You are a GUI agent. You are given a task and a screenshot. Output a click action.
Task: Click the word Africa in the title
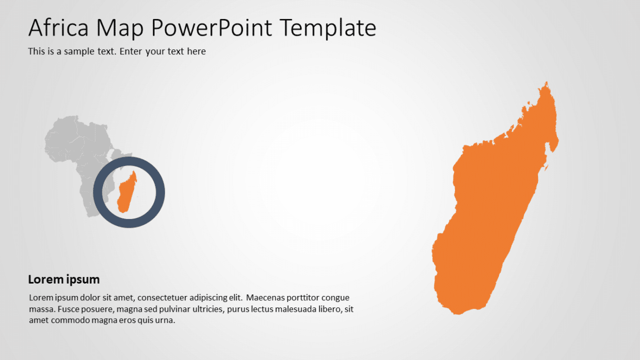point(59,28)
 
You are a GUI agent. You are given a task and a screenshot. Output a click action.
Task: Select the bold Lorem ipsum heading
point(63,280)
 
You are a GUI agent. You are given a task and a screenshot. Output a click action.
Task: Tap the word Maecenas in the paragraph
point(264,298)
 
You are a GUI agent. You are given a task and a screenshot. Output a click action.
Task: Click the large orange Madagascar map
point(488,217)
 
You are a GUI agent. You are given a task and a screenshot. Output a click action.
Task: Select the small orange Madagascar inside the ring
point(127,192)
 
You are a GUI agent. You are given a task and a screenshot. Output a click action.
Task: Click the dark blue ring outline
point(129,162)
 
